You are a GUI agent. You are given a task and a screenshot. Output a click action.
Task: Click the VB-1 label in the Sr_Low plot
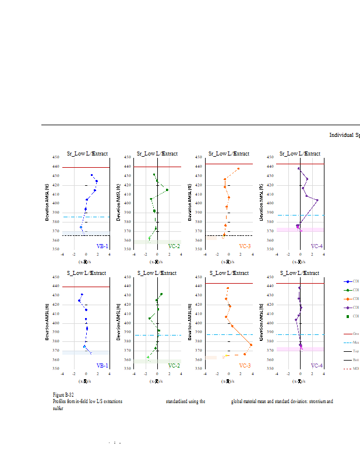[x=102, y=246]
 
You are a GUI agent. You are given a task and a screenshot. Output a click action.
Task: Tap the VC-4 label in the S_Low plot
[x=316, y=366]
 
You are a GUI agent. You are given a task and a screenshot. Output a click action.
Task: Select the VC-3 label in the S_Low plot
[x=245, y=366]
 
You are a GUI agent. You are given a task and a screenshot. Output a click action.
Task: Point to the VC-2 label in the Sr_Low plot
[x=174, y=246]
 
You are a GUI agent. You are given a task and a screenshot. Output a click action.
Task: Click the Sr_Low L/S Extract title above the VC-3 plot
[x=229, y=154]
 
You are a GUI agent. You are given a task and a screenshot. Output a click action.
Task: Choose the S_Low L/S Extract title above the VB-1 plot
[x=86, y=273]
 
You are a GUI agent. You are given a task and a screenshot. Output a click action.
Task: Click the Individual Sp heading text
[x=344, y=135]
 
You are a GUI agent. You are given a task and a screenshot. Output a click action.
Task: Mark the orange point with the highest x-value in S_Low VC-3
[x=251, y=345]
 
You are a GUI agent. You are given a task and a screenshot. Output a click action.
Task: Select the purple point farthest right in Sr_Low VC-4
[x=317, y=200]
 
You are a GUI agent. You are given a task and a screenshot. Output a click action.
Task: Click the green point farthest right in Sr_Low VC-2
[x=167, y=190]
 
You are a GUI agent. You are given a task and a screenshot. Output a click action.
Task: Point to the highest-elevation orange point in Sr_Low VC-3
[x=238, y=169]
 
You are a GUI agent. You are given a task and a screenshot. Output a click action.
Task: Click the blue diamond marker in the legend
[x=348, y=281]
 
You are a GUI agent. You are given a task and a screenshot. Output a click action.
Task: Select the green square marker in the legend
[x=348, y=316]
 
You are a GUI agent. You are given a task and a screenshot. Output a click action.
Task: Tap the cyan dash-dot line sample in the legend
[x=348, y=343]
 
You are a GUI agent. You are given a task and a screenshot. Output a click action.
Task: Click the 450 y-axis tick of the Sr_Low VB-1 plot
[x=57, y=157]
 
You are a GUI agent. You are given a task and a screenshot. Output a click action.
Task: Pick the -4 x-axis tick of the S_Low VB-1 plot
[x=62, y=373]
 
